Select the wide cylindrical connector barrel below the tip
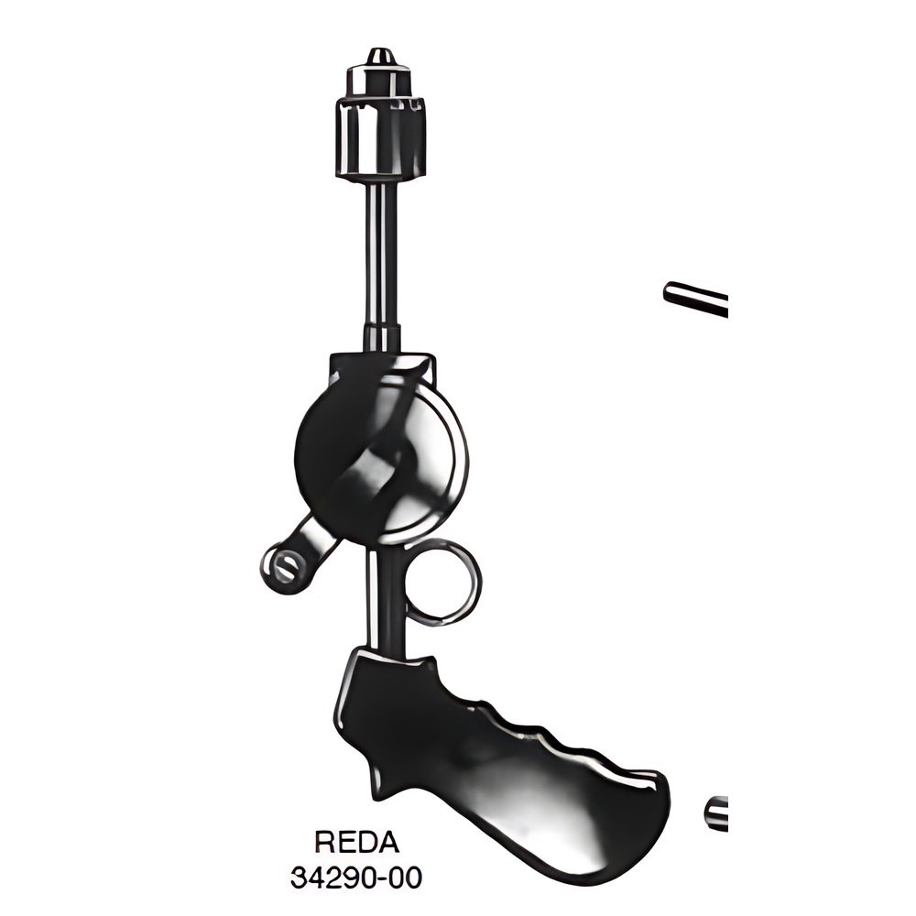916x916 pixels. point(382,137)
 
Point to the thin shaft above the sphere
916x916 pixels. point(382,263)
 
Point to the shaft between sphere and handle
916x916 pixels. point(383,599)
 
